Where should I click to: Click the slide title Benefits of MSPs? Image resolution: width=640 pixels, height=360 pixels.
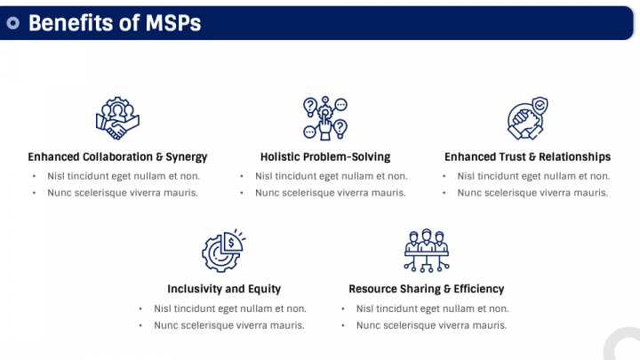[x=115, y=23]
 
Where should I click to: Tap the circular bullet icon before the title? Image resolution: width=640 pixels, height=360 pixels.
[x=12, y=24]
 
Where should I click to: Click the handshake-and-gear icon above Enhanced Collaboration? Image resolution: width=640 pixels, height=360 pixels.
[x=116, y=117]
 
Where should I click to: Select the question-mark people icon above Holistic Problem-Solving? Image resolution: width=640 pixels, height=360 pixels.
[x=324, y=117]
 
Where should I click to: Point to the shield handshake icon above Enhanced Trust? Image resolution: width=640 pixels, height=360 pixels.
[x=527, y=117]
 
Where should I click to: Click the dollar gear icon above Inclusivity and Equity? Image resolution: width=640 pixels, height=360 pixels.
[x=223, y=250]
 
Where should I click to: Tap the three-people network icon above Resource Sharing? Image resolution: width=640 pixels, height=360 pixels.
[x=426, y=250]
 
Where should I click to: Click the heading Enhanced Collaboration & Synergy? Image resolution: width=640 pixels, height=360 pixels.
[x=117, y=156]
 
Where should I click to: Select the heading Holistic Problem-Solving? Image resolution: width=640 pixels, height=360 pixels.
[x=325, y=156]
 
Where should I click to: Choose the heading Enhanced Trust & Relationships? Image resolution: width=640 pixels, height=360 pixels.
[x=527, y=156]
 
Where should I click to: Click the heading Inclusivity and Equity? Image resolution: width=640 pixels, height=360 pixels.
[x=224, y=289]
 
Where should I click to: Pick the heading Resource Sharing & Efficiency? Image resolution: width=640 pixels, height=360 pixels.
[x=426, y=289]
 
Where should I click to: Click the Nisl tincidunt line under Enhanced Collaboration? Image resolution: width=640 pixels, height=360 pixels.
[x=124, y=176]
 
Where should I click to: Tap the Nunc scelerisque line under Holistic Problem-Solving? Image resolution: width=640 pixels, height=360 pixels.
[x=330, y=192]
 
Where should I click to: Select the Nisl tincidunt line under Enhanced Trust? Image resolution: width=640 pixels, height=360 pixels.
[x=533, y=176]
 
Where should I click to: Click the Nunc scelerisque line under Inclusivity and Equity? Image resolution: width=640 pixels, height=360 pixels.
[x=229, y=324]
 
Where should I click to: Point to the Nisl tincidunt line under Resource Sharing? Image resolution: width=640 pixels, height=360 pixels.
[x=432, y=308]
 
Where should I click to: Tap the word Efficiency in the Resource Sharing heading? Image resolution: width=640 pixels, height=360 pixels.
[x=477, y=289]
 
